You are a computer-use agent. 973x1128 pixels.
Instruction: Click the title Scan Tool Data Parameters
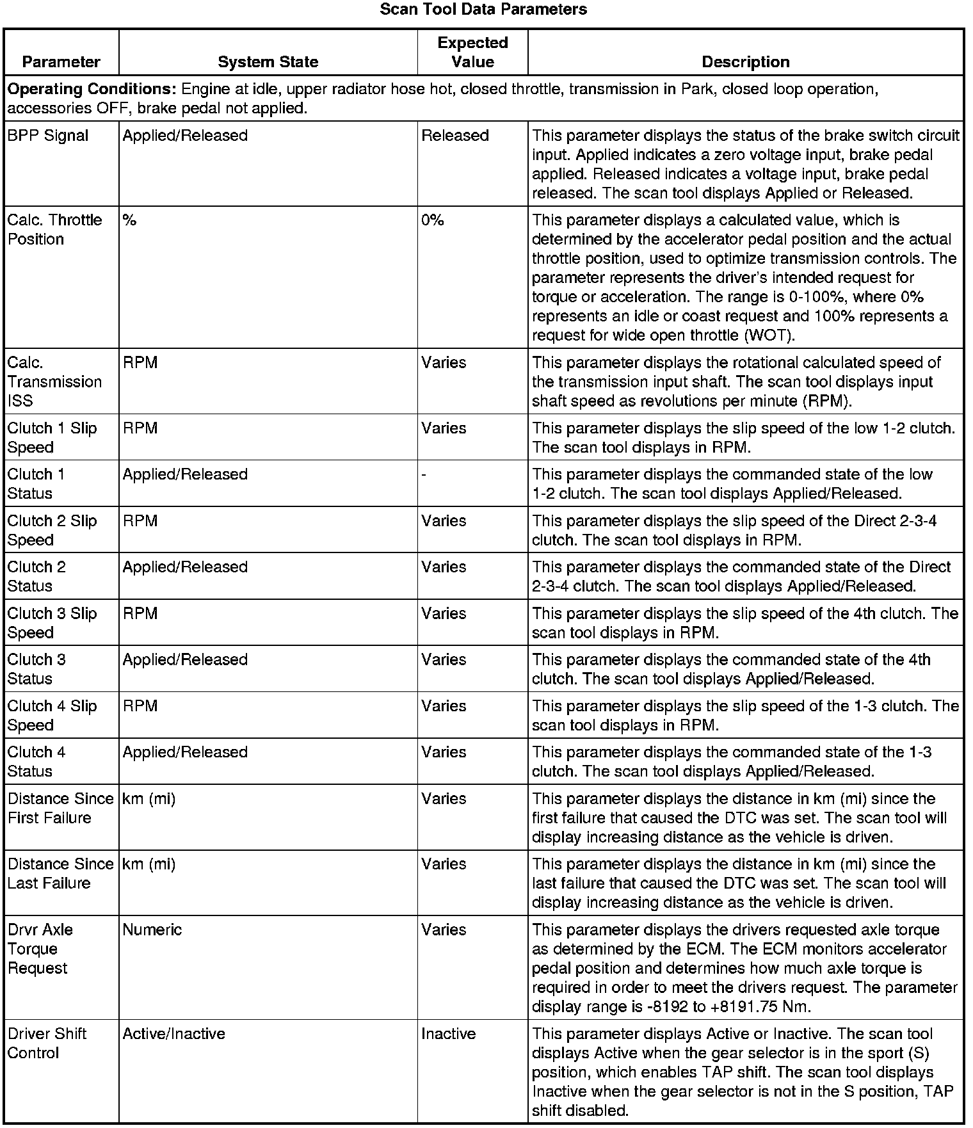click(483, 10)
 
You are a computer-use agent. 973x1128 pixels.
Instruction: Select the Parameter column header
click(61, 62)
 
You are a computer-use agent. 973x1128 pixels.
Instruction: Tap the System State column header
click(268, 62)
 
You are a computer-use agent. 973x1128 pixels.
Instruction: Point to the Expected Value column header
click(472, 52)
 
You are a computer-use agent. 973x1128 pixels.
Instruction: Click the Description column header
click(745, 62)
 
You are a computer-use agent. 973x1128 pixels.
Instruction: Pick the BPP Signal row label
click(48, 136)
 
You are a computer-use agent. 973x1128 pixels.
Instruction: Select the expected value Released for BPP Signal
click(455, 136)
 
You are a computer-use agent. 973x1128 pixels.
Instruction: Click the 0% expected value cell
click(433, 220)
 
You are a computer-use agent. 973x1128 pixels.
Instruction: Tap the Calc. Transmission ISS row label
click(54, 382)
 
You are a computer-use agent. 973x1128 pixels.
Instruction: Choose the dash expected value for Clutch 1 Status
click(424, 475)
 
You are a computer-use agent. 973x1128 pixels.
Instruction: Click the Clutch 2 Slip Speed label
click(52, 530)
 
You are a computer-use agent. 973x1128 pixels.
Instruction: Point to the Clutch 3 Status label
click(36, 669)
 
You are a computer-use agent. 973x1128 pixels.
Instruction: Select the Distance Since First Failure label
click(60, 808)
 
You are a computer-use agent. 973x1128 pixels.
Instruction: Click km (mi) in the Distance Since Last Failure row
click(149, 864)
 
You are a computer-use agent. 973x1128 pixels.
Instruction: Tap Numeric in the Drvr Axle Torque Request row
click(152, 930)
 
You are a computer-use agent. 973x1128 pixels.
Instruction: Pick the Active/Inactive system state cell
click(173, 1034)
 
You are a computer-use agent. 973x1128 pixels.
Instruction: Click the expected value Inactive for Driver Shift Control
click(448, 1034)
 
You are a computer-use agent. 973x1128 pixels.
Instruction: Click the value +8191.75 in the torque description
click(744, 1007)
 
